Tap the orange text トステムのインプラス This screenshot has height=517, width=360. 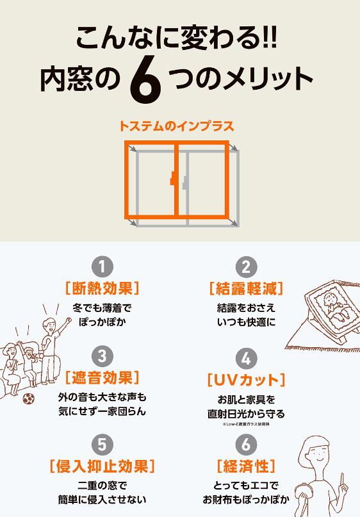coord(176,126)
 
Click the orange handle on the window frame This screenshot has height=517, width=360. coord(173,180)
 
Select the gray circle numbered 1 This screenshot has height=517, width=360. coord(102,267)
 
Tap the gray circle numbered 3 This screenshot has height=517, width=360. coord(102,356)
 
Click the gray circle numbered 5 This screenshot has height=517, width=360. coord(102,443)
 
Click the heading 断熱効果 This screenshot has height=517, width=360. coord(102,288)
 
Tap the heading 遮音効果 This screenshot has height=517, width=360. coord(102,376)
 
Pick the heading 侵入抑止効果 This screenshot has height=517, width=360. coord(102,464)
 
